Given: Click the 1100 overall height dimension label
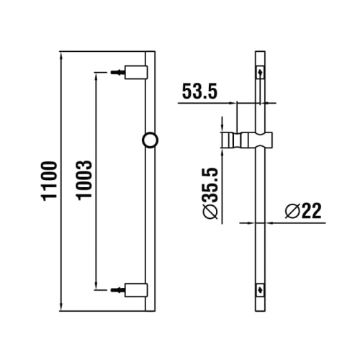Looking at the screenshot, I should pos(48,181).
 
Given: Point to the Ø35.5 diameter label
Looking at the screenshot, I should pos(211,189).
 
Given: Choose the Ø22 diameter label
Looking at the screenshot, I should pos(302,211).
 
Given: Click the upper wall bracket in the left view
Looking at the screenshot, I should pos(138,72).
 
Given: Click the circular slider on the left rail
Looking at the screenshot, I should pos(151,140).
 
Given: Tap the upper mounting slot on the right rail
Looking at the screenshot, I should pos(261,73).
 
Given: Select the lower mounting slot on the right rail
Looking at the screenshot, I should pos(261,289).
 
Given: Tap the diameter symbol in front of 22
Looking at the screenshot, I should pos(292,211).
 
